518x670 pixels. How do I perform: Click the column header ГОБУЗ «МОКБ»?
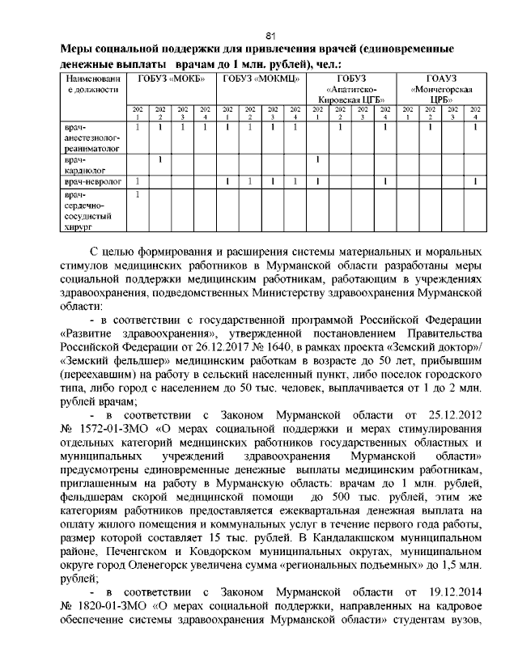coord(171,78)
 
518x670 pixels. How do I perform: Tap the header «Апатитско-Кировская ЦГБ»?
coord(351,89)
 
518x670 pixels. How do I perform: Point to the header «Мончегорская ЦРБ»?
coord(441,89)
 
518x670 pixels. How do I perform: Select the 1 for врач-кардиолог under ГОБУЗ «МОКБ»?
coord(160,159)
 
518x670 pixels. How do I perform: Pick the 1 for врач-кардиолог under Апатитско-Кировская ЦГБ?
coord(318,159)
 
